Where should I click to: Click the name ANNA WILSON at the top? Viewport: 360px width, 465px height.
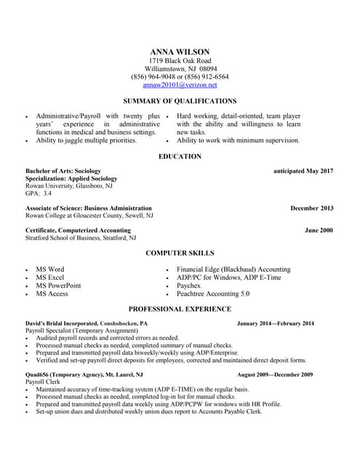pos(180,52)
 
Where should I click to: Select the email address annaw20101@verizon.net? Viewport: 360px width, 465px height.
pos(180,85)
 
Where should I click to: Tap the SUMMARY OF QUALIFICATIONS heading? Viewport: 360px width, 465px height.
pos(180,101)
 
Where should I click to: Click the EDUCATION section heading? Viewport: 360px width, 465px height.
pos(180,157)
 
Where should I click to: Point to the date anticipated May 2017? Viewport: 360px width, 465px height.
pos(303,171)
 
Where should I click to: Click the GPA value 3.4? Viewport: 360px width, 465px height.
pos(47,194)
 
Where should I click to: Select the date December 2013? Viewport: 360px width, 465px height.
pos(312,209)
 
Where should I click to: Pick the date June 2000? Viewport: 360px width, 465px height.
pos(319,230)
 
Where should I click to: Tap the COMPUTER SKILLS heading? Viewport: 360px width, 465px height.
pos(180,254)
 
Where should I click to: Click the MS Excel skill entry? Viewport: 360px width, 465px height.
pos(50,278)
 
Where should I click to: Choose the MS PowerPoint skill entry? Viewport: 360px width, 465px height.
pos(58,286)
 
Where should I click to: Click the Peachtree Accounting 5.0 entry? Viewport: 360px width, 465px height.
pos(213,294)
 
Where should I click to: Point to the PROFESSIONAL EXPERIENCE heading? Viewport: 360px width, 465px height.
pos(180,309)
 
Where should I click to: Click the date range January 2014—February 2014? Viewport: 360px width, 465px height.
pos(276,323)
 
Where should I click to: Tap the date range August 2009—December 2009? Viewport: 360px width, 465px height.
pos(275,374)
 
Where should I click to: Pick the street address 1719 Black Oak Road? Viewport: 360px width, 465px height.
pos(180,60)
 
